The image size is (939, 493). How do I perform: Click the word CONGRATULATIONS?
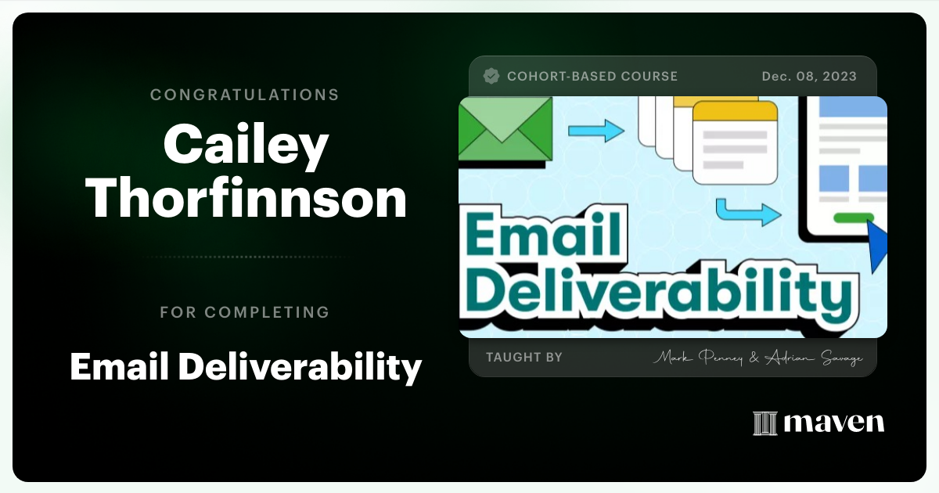pos(244,95)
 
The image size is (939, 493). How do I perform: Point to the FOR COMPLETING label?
pos(244,312)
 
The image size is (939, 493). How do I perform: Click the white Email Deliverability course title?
pos(246,365)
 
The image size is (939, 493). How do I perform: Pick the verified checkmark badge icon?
pos(491,76)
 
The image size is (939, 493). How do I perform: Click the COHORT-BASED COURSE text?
pos(592,76)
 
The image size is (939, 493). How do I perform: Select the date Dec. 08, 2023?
pos(809,76)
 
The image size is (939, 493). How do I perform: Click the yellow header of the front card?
pos(736,112)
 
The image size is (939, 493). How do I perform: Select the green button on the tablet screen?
pos(854,218)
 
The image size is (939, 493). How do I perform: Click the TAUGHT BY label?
pos(524,357)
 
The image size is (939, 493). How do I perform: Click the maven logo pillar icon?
pos(765,423)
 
